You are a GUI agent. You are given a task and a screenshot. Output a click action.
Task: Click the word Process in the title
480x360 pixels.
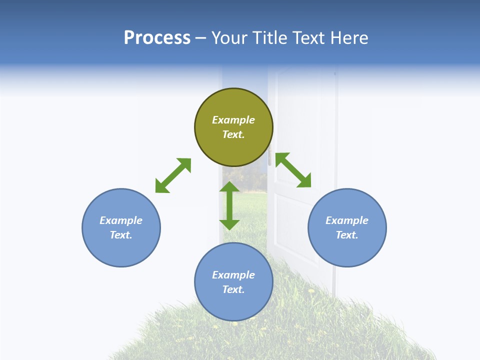[x=157, y=38]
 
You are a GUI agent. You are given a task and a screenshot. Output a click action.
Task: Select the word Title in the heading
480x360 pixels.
[x=273, y=38]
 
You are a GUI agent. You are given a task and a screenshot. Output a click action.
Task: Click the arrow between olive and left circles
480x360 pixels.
[x=173, y=175]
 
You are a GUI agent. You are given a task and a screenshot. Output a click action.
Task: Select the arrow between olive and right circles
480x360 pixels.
[x=293, y=170]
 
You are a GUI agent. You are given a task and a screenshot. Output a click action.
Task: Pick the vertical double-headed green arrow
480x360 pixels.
[x=229, y=205]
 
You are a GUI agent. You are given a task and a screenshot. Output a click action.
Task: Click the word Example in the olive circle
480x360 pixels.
[x=233, y=120]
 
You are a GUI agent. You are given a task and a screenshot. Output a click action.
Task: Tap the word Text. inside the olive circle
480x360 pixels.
[x=233, y=134]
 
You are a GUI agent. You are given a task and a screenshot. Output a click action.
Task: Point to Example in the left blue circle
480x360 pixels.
[x=121, y=220]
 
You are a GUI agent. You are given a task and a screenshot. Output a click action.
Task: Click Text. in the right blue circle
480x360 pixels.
[x=347, y=235]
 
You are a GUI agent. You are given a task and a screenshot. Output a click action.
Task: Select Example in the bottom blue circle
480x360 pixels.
[x=233, y=275]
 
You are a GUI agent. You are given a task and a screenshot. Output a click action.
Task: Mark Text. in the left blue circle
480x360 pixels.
[x=121, y=235]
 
